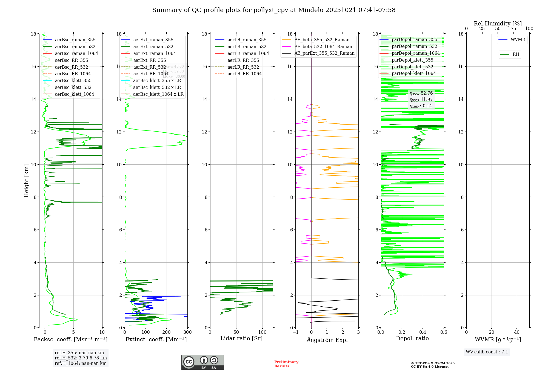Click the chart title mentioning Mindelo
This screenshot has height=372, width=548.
point(274,10)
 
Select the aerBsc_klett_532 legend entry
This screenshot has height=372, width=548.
point(73,87)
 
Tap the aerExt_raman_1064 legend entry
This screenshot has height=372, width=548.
point(154,53)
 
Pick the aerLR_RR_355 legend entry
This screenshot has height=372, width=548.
point(243,60)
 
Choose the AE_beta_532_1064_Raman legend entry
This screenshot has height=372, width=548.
point(323,47)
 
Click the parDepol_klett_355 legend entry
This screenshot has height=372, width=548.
point(412,60)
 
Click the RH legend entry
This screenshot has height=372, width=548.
point(516,54)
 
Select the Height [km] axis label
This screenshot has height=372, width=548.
point(26,181)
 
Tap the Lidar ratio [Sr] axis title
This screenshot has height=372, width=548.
point(241,338)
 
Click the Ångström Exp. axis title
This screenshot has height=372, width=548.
point(327,340)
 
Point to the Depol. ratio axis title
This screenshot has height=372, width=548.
point(412,338)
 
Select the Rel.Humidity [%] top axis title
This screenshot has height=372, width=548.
point(498,24)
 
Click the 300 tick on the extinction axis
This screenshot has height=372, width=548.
point(187,332)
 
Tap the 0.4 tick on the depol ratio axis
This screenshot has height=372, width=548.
point(423,332)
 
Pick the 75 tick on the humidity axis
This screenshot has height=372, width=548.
point(513,29)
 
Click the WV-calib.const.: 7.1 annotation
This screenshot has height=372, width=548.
point(487,352)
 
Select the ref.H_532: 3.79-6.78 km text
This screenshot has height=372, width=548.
point(81,358)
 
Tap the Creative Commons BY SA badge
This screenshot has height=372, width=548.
point(202,362)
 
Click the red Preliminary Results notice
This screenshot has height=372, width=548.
point(286,364)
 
